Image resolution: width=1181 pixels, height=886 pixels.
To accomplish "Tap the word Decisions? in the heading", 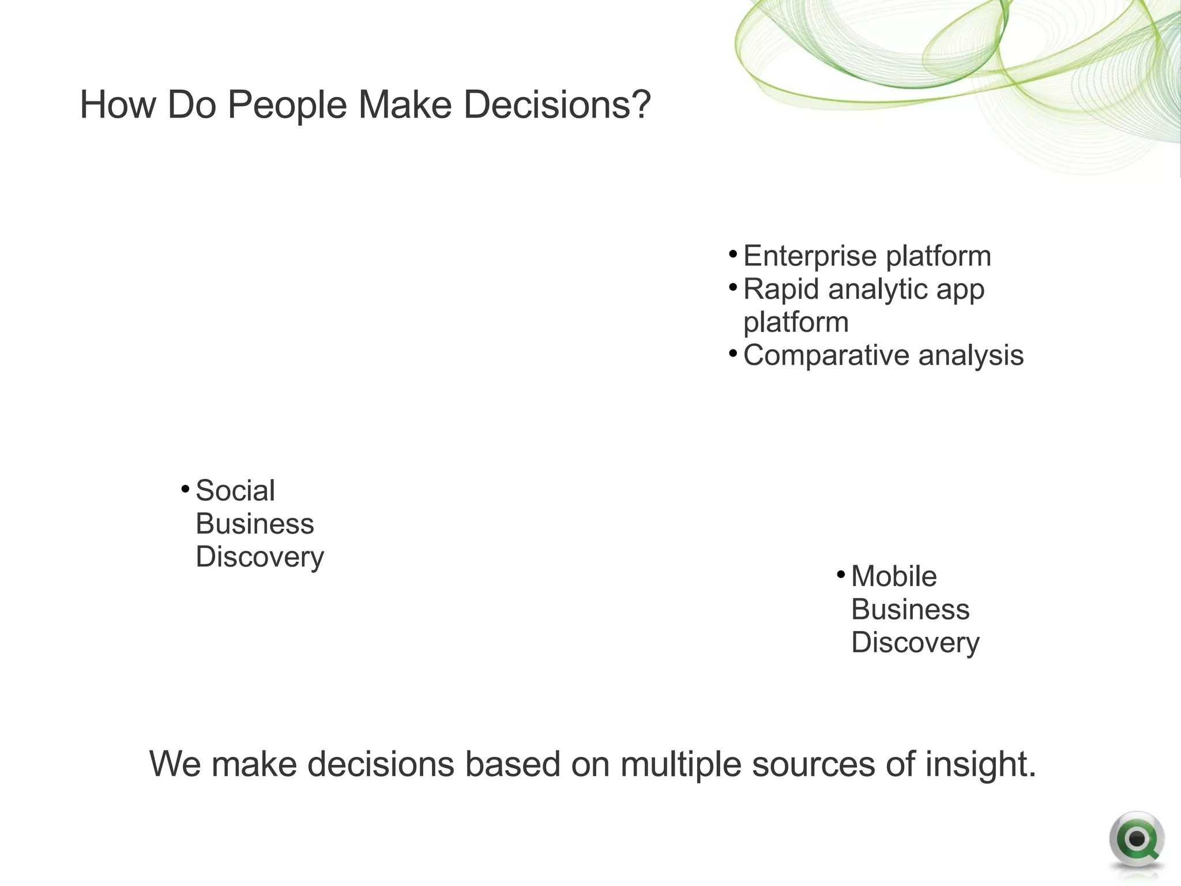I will (x=557, y=106).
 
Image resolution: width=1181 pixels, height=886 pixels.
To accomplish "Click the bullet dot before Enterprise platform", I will (x=732, y=254).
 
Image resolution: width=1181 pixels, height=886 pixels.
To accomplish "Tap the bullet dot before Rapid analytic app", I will (x=732, y=287).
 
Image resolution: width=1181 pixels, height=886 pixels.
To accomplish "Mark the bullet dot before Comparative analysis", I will (x=732, y=352).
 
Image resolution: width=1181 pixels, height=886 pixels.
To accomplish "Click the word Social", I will (x=235, y=491).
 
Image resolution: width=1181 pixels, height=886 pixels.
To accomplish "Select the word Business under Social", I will (x=255, y=524).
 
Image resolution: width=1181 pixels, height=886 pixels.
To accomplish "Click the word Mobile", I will (x=894, y=576).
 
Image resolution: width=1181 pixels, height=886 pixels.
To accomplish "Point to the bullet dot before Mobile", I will (x=841, y=575).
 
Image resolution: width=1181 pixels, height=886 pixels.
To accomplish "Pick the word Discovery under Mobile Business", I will (x=915, y=643).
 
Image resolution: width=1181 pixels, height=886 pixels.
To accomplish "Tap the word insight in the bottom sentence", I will (x=981, y=764).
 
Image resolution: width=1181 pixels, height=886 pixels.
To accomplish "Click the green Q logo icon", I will (x=1136, y=840).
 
